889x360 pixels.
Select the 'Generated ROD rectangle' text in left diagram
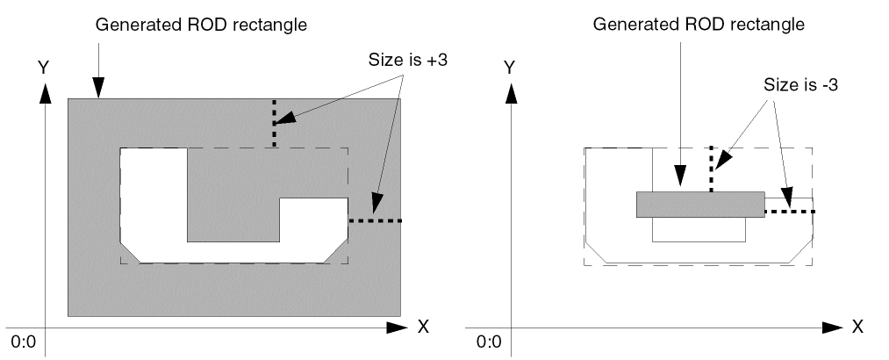coord(201,25)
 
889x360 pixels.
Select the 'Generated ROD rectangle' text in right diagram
coord(699,25)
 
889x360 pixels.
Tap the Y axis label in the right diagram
coord(509,66)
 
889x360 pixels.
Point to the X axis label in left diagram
coord(422,327)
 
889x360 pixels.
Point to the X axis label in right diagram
coord(857,327)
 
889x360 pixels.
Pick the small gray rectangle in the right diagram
coord(700,204)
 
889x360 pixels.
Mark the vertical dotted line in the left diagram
coord(274,123)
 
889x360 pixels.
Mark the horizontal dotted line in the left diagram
coord(375,221)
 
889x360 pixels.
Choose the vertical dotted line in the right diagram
coord(712,170)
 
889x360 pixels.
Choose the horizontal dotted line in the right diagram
coord(789,212)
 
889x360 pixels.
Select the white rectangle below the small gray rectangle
coord(699,228)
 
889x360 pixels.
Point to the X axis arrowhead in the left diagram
coord(398,328)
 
